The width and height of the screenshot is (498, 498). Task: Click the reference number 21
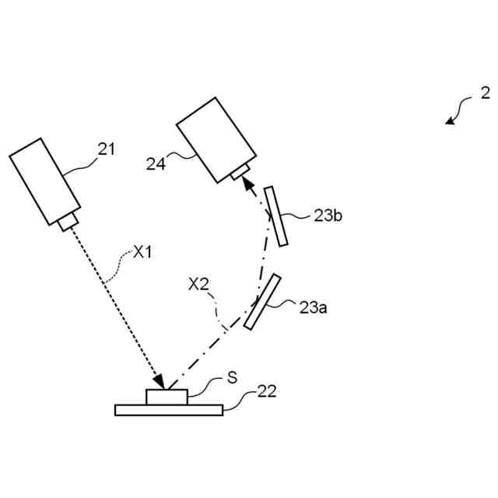pyautogui.click(x=107, y=149)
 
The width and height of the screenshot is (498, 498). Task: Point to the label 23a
pyautogui.click(x=313, y=307)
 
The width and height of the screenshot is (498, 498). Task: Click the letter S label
pyautogui.click(x=231, y=377)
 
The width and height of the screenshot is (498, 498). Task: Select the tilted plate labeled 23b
pyautogui.click(x=276, y=216)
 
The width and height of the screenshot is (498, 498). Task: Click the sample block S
pyautogui.click(x=166, y=397)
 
